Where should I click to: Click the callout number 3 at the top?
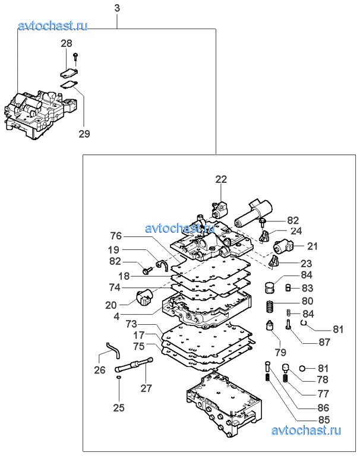tap(117, 8)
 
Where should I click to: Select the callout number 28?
tap(67, 43)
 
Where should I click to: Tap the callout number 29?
tap(84, 134)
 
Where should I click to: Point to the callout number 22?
tap(221, 180)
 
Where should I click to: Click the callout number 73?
tap(131, 325)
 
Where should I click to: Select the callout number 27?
tap(145, 389)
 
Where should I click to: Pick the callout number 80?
tap(308, 301)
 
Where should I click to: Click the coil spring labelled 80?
tap(269, 308)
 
